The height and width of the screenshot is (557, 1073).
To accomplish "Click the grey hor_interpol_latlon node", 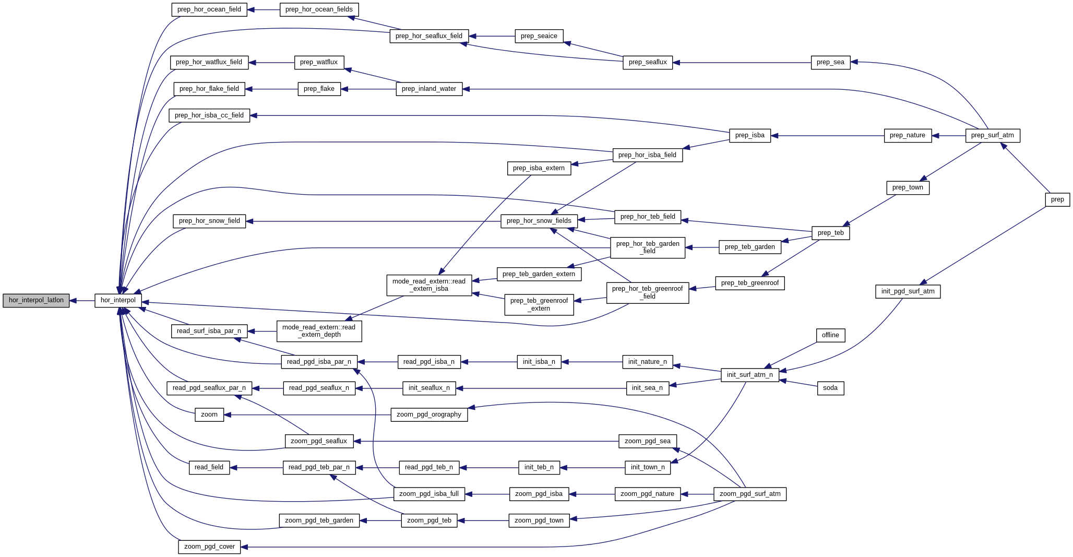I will pos(36,300).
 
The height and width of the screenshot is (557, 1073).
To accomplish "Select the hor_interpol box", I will pos(118,300).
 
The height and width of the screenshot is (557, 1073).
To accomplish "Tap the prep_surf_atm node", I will pos(992,136).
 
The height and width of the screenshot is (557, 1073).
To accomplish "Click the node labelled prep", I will pos(1057,199).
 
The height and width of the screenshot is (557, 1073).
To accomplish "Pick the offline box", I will pos(830,335).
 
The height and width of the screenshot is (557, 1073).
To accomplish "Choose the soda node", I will pos(830,388).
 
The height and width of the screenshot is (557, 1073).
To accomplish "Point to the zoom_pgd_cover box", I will pos(209,547).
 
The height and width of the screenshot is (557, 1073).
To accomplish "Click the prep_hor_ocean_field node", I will pos(209,9).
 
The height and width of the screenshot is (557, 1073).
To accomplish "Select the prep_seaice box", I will pos(539,36).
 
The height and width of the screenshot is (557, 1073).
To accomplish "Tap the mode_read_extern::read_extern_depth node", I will pos(319,331).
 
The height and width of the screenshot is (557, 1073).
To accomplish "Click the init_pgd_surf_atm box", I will pos(908,291).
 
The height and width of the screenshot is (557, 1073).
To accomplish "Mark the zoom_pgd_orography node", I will pos(428,414).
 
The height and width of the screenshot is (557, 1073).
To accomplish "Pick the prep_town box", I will pos(908,187).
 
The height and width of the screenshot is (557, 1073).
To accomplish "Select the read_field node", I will pos(209,467).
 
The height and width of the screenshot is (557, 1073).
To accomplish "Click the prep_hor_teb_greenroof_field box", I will pos(647,292).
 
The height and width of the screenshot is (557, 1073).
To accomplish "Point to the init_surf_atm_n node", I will pos(749,375).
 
